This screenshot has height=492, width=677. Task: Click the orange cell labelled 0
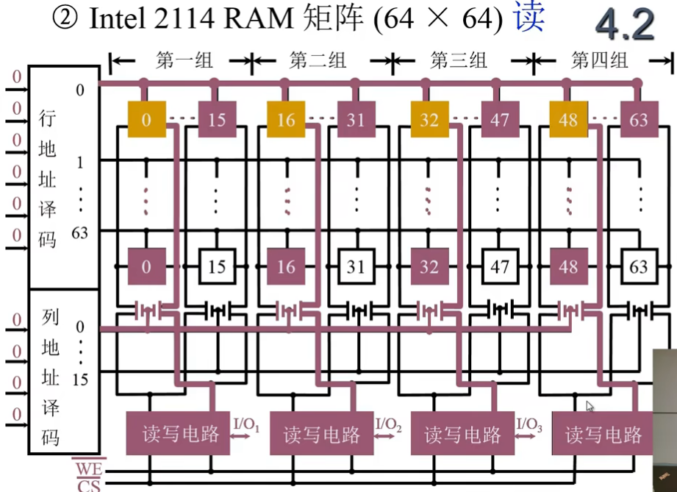click(x=146, y=119)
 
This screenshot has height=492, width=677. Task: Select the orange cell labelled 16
click(x=285, y=119)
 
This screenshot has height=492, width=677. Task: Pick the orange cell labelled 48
click(x=568, y=119)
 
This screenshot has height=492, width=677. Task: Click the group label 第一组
click(x=179, y=61)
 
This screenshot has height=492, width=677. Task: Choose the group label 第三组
click(x=460, y=61)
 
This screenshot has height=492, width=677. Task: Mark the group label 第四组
click(x=601, y=61)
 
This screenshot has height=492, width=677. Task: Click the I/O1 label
click(x=246, y=424)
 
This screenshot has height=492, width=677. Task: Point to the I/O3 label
click(x=529, y=424)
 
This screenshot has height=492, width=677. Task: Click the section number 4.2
click(x=624, y=25)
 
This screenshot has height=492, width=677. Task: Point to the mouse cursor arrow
click(x=589, y=405)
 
